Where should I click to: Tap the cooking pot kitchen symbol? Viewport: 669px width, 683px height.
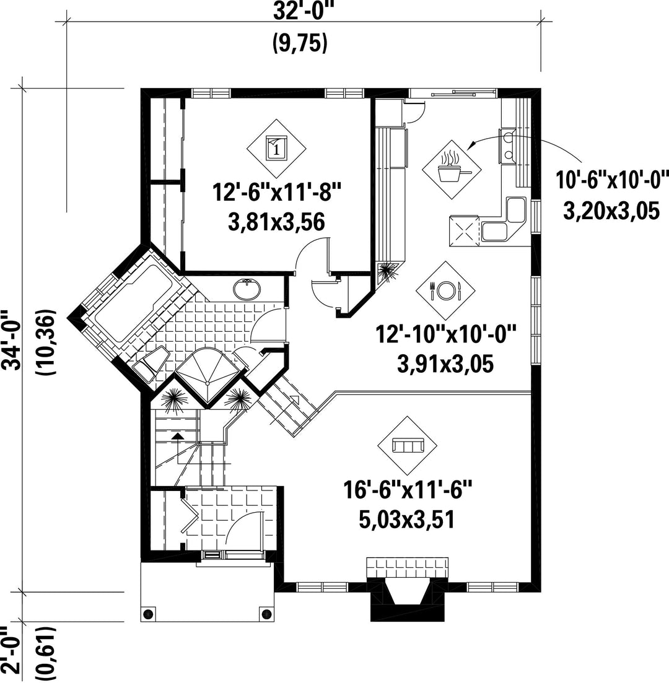pos(452,170)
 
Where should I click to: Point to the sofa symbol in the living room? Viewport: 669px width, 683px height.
pos(407,446)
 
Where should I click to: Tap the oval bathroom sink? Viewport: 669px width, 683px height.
pos(247,289)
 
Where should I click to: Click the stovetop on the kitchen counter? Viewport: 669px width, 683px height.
pos(464,230)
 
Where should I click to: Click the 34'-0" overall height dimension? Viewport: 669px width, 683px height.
pos(11,340)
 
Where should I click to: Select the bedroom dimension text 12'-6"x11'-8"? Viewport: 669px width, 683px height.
pos(276,192)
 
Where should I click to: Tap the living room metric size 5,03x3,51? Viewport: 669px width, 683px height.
pos(407,520)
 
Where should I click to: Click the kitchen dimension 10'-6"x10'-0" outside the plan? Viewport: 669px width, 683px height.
pos(612,180)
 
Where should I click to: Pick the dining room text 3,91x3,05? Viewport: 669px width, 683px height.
pos(445,364)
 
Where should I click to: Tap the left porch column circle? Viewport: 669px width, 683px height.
pos(149,614)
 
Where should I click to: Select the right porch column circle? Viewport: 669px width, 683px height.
pos(265,614)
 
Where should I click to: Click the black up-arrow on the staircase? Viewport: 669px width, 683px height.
pos(177,436)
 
